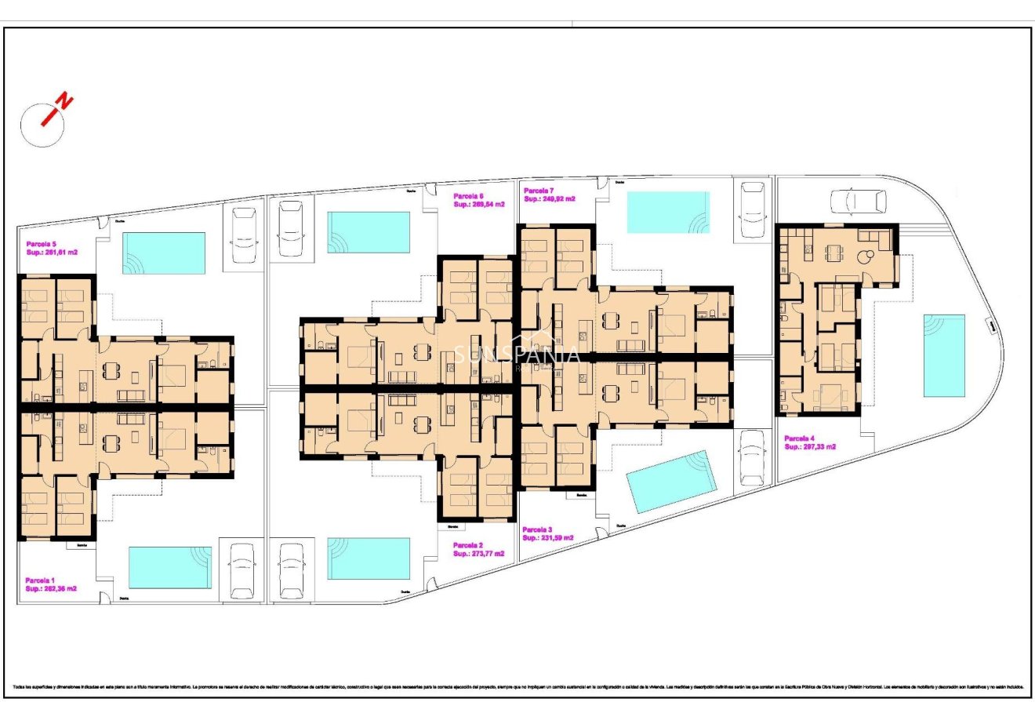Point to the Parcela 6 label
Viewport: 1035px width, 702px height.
[x=468, y=196]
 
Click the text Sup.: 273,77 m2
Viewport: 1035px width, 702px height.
[x=478, y=553]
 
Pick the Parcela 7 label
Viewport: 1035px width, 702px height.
[x=539, y=191]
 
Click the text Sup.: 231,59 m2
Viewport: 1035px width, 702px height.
[x=547, y=537]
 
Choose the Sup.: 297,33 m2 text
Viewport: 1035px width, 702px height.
[x=810, y=446]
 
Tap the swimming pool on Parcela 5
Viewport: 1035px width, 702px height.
[x=163, y=252]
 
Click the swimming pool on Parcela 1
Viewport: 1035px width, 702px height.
[x=169, y=567]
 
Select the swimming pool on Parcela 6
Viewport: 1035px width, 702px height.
[x=369, y=232]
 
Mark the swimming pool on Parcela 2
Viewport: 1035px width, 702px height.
[x=369, y=558]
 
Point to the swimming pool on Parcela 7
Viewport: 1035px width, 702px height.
[x=668, y=212]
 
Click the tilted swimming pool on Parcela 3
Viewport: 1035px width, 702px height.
[x=672, y=482]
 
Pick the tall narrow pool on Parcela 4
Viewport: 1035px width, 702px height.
[x=943, y=355]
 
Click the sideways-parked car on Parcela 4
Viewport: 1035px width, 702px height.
[x=858, y=202]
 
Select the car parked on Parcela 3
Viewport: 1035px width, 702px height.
[x=753, y=457]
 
